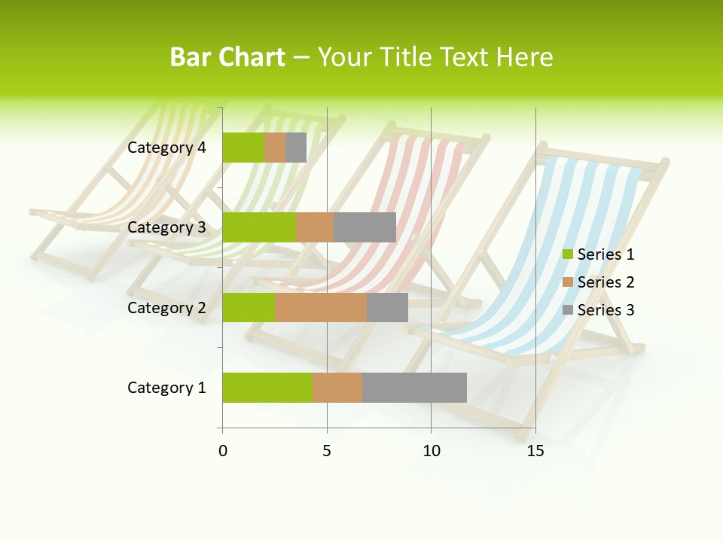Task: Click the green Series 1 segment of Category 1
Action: (267, 388)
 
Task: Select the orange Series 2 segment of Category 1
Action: (337, 388)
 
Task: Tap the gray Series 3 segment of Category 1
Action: (414, 388)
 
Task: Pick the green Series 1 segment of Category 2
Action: (249, 307)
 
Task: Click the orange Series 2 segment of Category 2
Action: (321, 307)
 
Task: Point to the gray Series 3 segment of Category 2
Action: (387, 307)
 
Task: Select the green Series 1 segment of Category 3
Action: (259, 227)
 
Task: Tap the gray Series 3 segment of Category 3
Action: (365, 227)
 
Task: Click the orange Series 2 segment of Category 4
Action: (275, 148)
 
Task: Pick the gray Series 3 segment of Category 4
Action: (296, 148)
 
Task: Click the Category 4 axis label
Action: (166, 148)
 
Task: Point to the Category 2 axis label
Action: (166, 307)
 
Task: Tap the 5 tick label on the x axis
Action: (327, 451)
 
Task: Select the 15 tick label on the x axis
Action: (535, 451)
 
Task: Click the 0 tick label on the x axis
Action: (223, 451)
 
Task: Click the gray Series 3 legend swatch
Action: (568, 310)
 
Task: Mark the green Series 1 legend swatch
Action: (568, 254)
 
